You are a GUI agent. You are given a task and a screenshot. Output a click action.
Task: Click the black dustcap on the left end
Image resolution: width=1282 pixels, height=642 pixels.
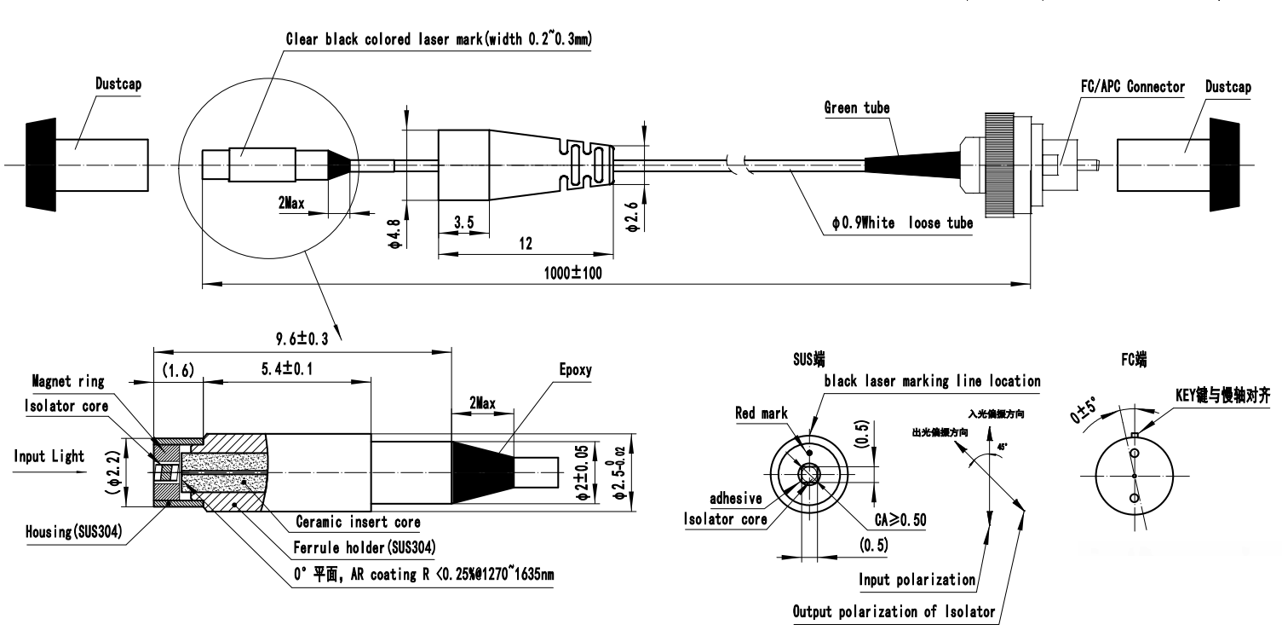[40, 165]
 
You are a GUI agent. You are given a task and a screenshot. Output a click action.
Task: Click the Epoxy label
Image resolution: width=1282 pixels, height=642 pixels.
[575, 371]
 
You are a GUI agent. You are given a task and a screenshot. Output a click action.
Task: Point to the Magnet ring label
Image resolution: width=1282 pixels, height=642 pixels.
[68, 382]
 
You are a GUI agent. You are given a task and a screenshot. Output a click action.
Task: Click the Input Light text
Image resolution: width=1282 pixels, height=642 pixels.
[49, 456]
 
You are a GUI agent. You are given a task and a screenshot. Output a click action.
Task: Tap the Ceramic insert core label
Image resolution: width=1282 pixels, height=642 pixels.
[358, 521]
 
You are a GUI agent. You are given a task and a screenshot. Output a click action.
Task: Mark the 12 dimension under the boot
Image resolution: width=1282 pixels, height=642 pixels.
[526, 245]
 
